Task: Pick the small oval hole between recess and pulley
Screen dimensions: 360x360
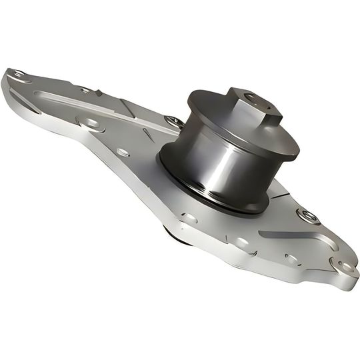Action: pyautogui.click(x=123, y=152)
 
